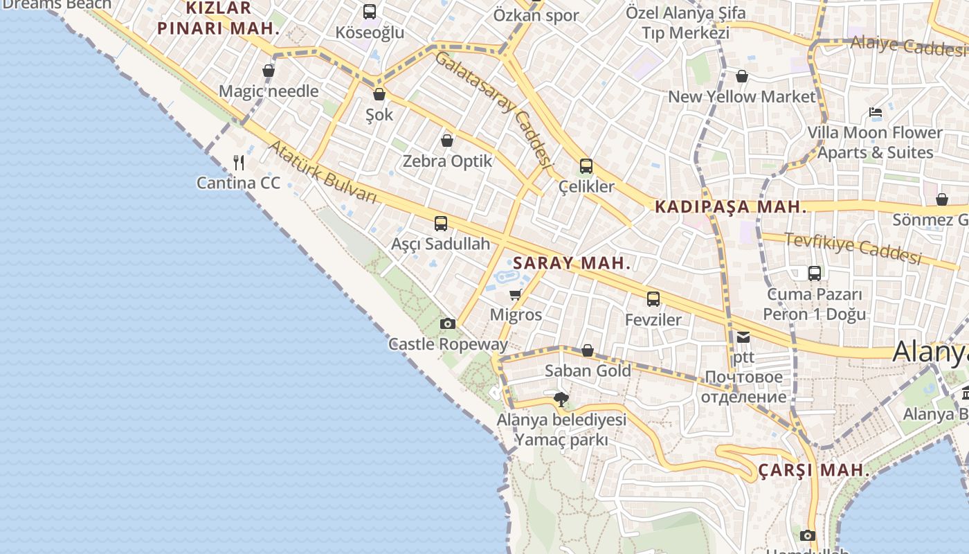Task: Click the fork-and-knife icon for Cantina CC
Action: (239, 163)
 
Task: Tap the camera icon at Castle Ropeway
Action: (448, 323)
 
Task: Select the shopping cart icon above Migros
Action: (515, 295)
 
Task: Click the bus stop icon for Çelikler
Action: (586, 166)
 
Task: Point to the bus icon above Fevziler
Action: (653, 299)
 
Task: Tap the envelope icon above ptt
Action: (743, 337)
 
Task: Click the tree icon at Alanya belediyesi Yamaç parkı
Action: (561, 400)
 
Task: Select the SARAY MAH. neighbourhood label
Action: (572, 263)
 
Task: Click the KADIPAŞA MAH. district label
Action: (730, 206)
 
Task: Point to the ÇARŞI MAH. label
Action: (814, 470)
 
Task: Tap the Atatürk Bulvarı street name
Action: (323, 172)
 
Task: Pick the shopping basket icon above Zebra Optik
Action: (447, 141)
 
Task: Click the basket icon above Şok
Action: (379, 95)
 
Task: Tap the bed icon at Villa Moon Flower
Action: (876, 112)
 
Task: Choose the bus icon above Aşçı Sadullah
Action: (441, 224)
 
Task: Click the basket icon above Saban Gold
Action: (588, 351)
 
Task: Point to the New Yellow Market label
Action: (742, 97)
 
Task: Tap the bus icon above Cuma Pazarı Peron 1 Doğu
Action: (815, 274)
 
